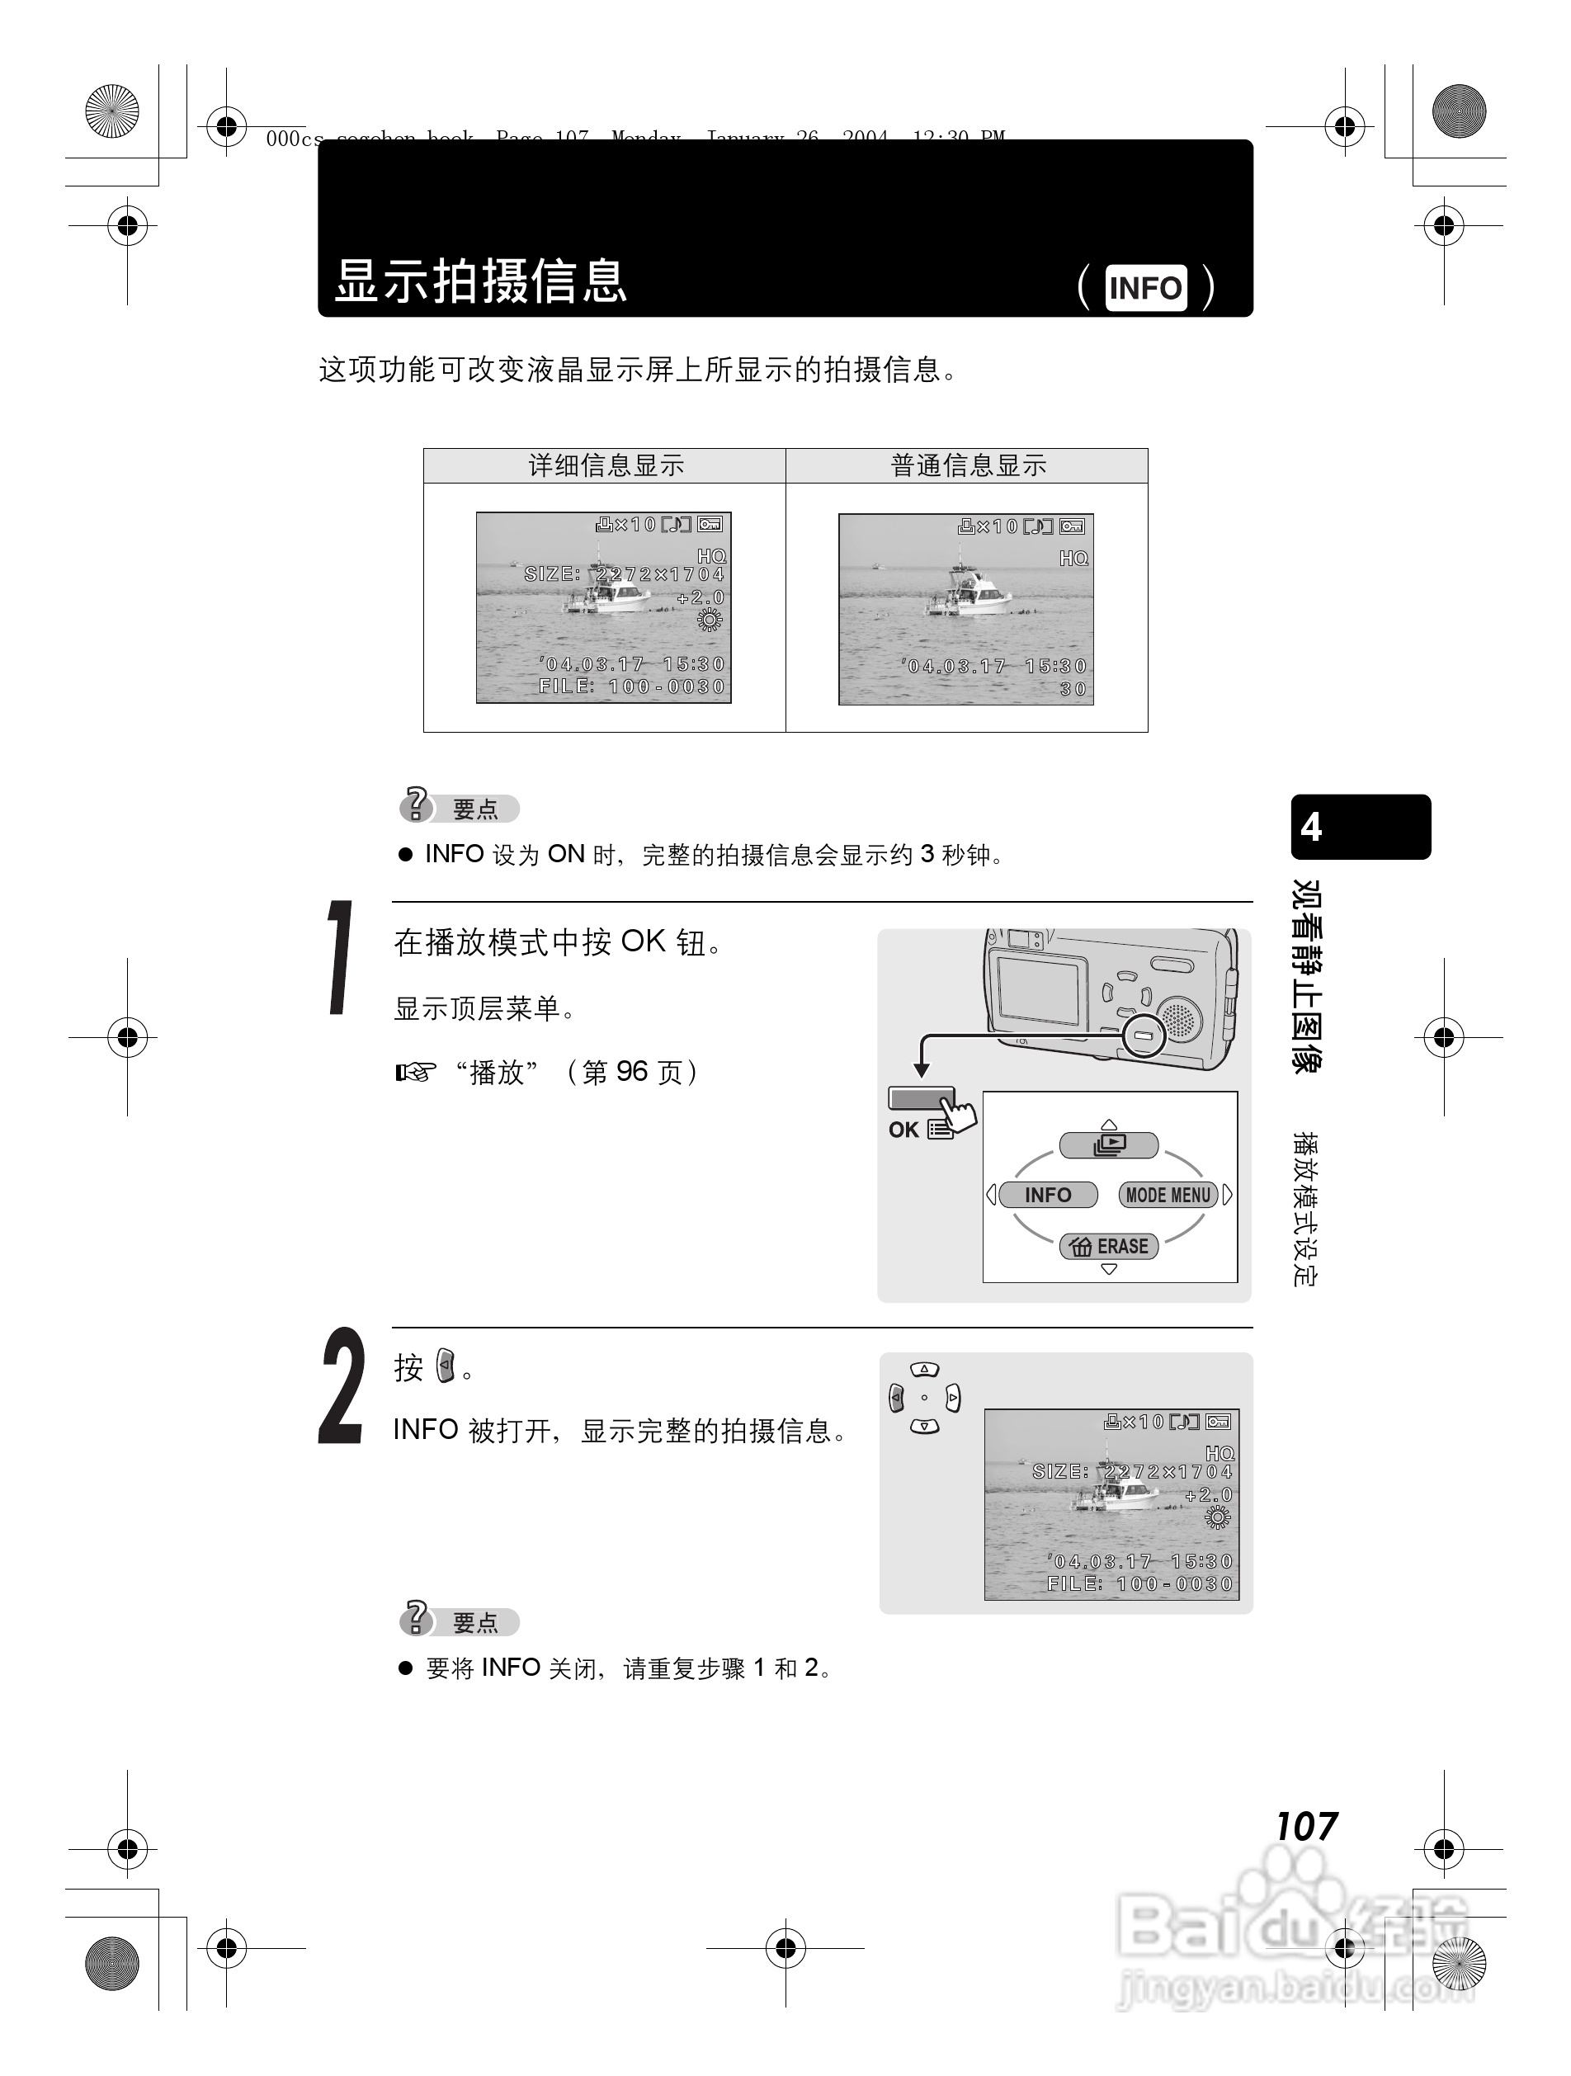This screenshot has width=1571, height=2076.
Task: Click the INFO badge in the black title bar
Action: pos(1145,287)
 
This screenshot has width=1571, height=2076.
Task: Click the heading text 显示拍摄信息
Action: pos(480,281)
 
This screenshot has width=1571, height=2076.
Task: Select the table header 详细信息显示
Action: pos(606,465)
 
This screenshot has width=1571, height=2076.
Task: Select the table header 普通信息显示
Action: pos(968,465)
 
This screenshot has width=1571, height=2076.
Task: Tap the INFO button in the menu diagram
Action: pos(1047,1195)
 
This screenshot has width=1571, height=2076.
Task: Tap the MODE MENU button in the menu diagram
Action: pos(1168,1195)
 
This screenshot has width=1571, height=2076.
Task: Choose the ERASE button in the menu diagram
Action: pos(1109,1247)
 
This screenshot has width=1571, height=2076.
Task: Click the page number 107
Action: pos(1305,1826)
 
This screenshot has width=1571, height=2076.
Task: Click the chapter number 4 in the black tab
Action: pos(1311,827)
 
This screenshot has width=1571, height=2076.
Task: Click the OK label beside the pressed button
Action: pos(903,1130)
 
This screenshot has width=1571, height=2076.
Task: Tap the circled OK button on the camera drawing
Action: pos(1144,1036)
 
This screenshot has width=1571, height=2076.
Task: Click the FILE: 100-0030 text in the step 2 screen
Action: pos(1139,1584)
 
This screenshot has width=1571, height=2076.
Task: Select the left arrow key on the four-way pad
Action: pos(896,1399)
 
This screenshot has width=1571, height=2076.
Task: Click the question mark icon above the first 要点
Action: pos(415,804)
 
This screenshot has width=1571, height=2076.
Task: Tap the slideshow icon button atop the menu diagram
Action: pos(1109,1145)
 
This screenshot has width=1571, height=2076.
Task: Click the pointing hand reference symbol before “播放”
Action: pos(416,1072)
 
